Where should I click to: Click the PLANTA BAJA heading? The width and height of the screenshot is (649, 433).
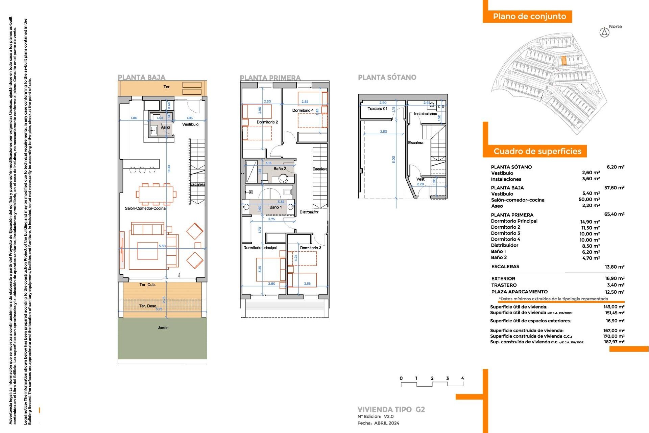click(x=141, y=77)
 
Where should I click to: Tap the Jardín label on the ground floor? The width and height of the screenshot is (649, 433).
click(x=163, y=327)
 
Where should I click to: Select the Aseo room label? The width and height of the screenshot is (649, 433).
click(x=165, y=127)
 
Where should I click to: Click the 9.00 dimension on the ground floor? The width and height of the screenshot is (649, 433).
click(x=169, y=168)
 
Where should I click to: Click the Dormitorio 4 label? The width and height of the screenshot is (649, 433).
click(x=303, y=110)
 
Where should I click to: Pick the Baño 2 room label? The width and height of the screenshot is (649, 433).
click(x=280, y=168)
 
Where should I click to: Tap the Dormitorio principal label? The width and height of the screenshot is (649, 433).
click(x=260, y=248)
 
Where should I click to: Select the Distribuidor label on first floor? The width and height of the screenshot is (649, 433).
click(x=309, y=212)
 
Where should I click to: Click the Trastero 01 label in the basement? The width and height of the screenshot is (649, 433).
click(x=377, y=109)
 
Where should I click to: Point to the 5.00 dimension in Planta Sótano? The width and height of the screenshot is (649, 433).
click(x=393, y=160)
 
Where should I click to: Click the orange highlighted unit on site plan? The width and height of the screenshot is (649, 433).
click(x=563, y=61)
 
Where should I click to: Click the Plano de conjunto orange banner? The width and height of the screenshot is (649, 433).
click(x=529, y=17)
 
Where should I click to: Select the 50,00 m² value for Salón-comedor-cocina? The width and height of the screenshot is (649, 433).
click(x=589, y=200)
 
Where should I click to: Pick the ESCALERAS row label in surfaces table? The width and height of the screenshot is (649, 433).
click(x=505, y=267)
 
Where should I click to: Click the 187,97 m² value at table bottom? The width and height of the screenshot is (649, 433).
click(x=614, y=342)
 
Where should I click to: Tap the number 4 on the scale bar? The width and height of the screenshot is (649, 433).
click(x=462, y=378)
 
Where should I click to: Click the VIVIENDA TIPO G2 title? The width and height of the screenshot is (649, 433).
click(x=391, y=409)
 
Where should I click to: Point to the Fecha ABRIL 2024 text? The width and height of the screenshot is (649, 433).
click(x=378, y=423)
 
